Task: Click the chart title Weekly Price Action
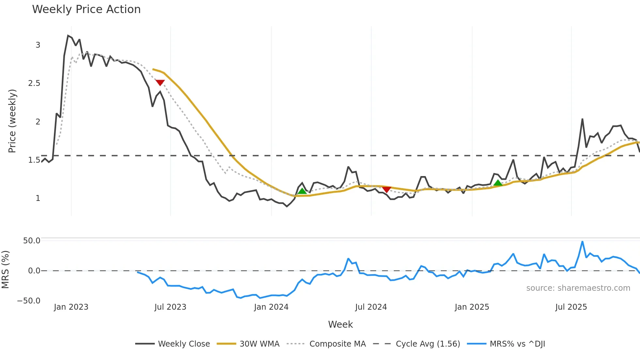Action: point(86,9)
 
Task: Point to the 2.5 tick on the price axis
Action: point(34,83)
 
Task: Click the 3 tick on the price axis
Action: point(38,45)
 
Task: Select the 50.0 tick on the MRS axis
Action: point(32,241)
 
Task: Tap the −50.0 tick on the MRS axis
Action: point(29,301)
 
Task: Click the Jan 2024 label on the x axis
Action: point(271,307)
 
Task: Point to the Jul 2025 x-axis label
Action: point(571,307)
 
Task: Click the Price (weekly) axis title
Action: point(12,121)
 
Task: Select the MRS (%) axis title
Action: point(6,270)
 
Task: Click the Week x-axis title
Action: point(340,324)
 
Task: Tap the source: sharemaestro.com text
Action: point(578,288)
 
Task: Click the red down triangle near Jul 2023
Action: point(160,83)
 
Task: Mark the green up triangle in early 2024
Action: point(302,191)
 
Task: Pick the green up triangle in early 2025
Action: point(498,183)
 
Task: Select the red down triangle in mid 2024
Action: point(387,189)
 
